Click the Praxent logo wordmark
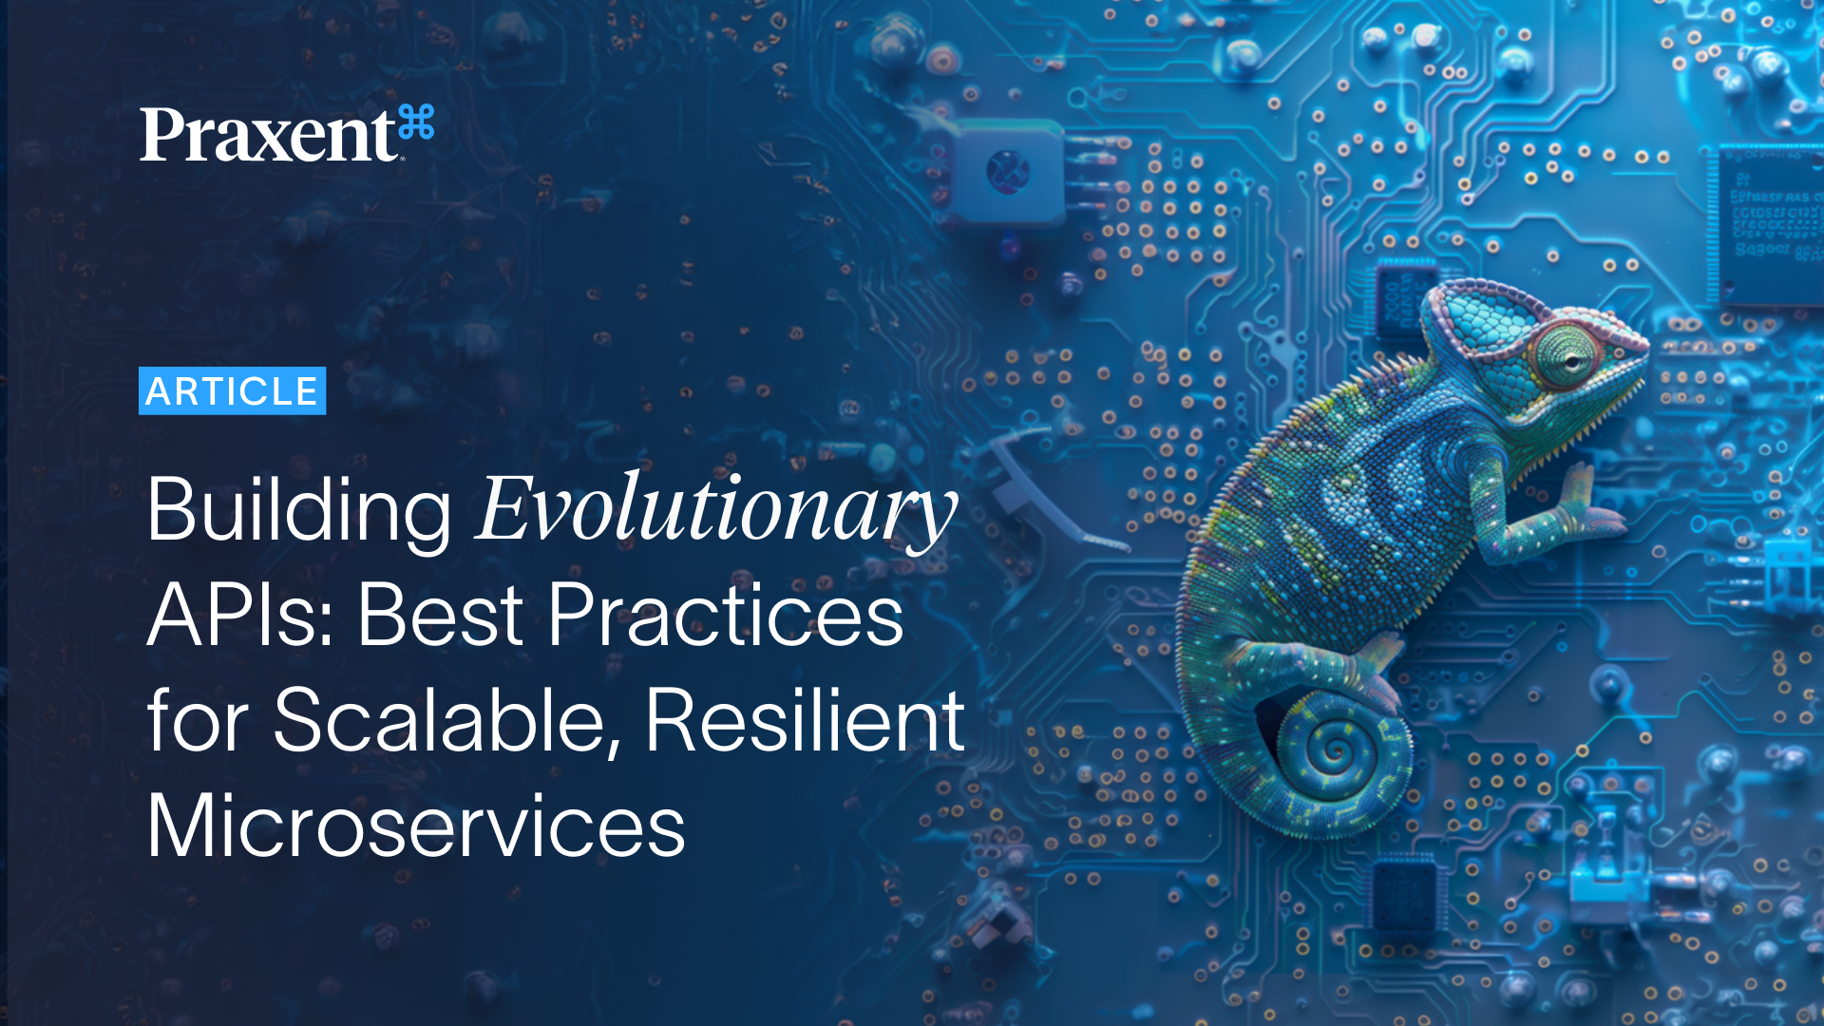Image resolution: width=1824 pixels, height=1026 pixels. pyautogui.click(x=268, y=135)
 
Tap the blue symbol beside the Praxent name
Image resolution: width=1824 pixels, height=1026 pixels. pyautogui.click(x=416, y=123)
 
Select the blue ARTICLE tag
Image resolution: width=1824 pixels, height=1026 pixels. pyautogui.click(x=232, y=391)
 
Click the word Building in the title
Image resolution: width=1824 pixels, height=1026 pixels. pyautogui.click(x=298, y=511)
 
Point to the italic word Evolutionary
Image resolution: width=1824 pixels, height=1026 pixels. pyautogui.click(x=715, y=511)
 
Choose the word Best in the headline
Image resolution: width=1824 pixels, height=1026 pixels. pyautogui.click(x=440, y=616)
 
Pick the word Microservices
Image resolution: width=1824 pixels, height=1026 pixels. pyautogui.click(x=415, y=826)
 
